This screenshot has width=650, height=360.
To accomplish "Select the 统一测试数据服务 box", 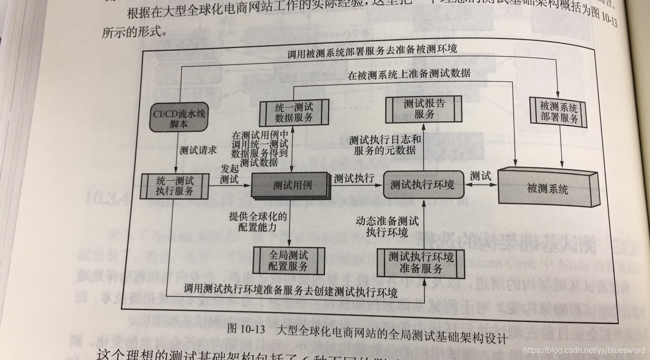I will click(293, 112).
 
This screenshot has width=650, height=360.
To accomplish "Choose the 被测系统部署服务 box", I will click(559, 113).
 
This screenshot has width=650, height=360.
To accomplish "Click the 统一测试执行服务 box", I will click(175, 186).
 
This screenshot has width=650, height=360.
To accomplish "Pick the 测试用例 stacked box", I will click(289, 186).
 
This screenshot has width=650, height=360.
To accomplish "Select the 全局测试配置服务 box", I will click(288, 260).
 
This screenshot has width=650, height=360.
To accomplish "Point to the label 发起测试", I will click(229, 173).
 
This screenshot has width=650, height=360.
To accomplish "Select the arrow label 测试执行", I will click(354, 178).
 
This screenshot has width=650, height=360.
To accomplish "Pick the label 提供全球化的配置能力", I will click(259, 221).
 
